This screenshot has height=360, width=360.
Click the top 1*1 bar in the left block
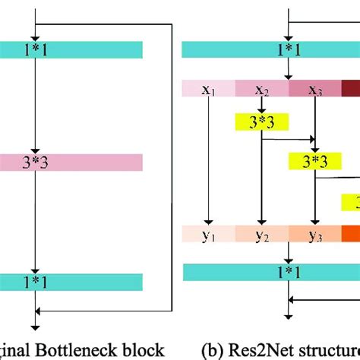click(x=71, y=49)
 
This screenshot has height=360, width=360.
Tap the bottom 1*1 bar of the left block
click(x=71, y=280)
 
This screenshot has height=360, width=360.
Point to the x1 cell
click(x=209, y=90)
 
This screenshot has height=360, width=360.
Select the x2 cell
click(x=262, y=90)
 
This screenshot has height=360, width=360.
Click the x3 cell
click(x=314, y=90)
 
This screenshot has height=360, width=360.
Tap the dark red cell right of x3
click(x=351, y=90)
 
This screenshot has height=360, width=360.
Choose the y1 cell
click(x=209, y=235)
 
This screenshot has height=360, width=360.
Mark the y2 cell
click(x=262, y=235)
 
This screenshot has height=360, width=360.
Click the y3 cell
click(x=314, y=235)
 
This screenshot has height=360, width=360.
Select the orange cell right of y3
click(x=351, y=235)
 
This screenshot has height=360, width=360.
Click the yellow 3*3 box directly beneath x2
click(x=262, y=121)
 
